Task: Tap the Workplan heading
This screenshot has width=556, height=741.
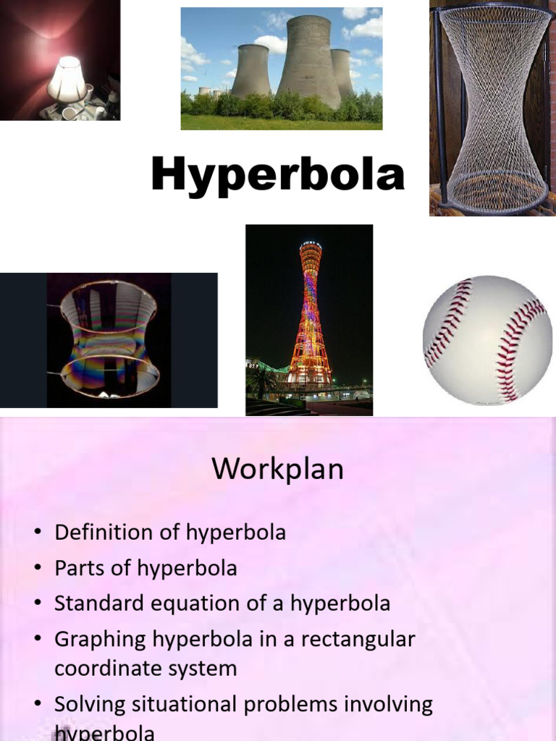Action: coord(277,470)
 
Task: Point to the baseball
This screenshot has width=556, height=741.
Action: coord(486,339)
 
